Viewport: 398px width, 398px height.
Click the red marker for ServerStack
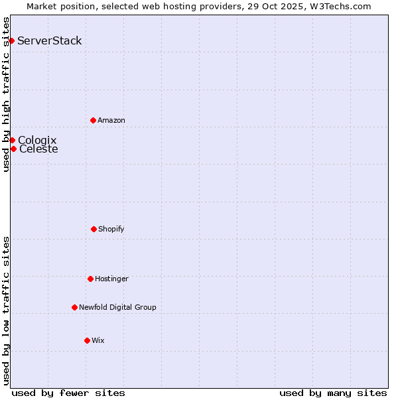click(11, 41)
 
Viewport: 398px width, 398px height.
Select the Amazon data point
click(93, 120)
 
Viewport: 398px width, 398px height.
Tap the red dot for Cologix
click(12, 140)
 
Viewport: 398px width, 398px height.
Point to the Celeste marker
click(13, 149)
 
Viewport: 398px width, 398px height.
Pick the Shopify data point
click(94, 229)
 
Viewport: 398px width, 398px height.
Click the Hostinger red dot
click(90, 279)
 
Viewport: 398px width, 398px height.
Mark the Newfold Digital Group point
click(74, 307)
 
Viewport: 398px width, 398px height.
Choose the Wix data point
click(87, 340)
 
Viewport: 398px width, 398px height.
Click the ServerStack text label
click(50, 41)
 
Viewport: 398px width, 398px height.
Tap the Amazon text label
click(111, 120)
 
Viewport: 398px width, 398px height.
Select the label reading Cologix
click(37, 140)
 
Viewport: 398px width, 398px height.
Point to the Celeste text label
click(38, 149)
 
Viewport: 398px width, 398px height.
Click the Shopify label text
click(111, 229)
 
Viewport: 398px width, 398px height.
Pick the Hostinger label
click(111, 279)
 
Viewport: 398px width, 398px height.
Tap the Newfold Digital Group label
click(117, 307)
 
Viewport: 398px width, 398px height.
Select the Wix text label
click(98, 340)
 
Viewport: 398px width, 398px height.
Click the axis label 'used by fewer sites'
click(68, 393)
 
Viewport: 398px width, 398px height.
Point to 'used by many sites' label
click(333, 393)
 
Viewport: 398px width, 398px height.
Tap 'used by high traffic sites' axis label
click(6, 94)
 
